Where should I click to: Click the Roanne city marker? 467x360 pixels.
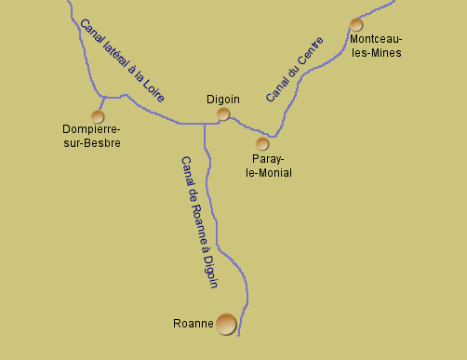click(226, 324)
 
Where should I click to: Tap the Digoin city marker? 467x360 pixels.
click(223, 114)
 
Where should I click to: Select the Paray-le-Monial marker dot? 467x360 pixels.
click(262, 144)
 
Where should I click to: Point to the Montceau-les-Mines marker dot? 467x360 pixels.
click(355, 25)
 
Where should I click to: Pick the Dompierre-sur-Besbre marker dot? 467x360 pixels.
click(98, 116)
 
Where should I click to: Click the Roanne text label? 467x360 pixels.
click(193, 325)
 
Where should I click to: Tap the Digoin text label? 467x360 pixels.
click(222, 99)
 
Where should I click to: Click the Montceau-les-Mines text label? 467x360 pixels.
click(376, 46)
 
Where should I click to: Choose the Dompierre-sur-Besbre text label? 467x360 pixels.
click(90, 137)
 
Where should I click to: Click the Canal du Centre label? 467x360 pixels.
click(294, 70)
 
